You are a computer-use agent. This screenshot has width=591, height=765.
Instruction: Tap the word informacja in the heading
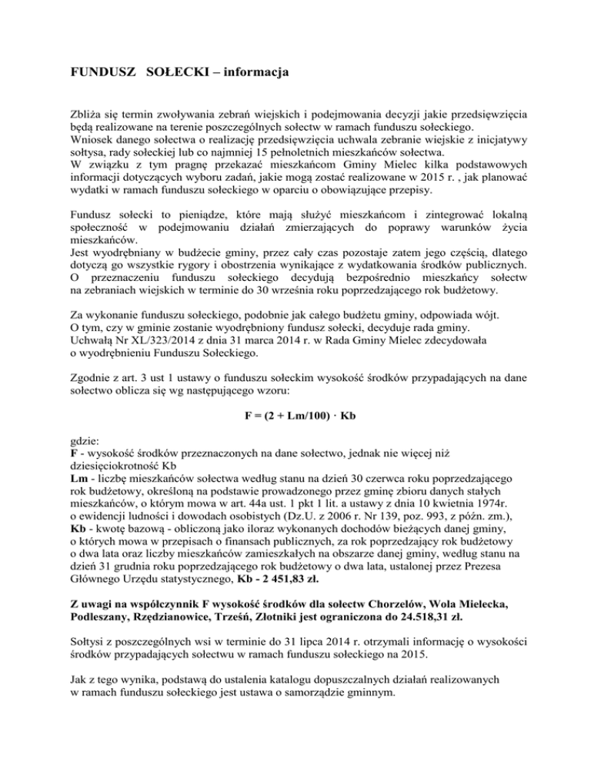coord(253,75)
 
